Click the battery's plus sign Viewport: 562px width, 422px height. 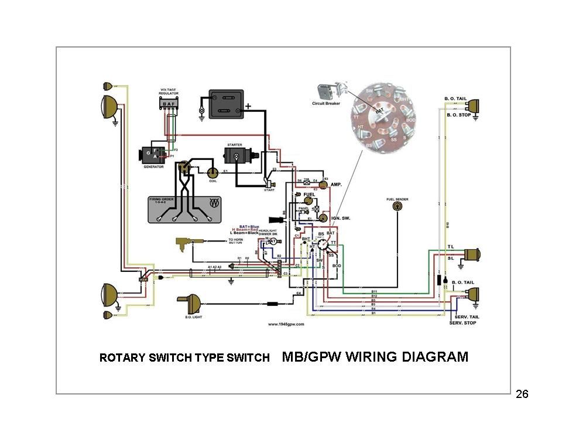click(x=248, y=107)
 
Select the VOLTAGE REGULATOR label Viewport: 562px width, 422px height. click(x=168, y=93)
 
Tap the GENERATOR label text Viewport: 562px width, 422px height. click(x=153, y=166)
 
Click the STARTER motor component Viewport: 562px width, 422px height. click(x=239, y=156)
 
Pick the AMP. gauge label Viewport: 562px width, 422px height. click(x=337, y=185)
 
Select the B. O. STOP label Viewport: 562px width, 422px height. click(x=459, y=115)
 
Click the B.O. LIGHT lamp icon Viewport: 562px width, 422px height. click(x=189, y=302)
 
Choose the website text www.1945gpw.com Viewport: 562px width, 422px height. click(x=285, y=324)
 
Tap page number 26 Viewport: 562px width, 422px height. click(x=522, y=393)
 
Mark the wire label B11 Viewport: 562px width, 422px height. click(x=374, y=291)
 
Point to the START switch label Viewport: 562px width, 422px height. click(x=269, y=190)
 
